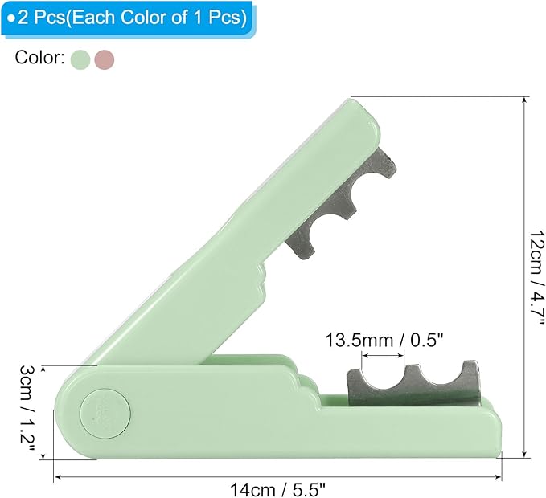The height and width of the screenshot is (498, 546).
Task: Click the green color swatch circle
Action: (80, 59)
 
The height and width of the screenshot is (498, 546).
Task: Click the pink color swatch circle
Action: (104, 59)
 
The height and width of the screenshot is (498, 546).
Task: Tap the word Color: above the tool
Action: (39, 57)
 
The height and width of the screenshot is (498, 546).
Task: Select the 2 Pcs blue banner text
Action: (127, 18)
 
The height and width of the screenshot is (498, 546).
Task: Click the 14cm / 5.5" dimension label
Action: (277, 490)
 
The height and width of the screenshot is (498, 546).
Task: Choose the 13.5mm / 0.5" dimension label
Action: (384, 340)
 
